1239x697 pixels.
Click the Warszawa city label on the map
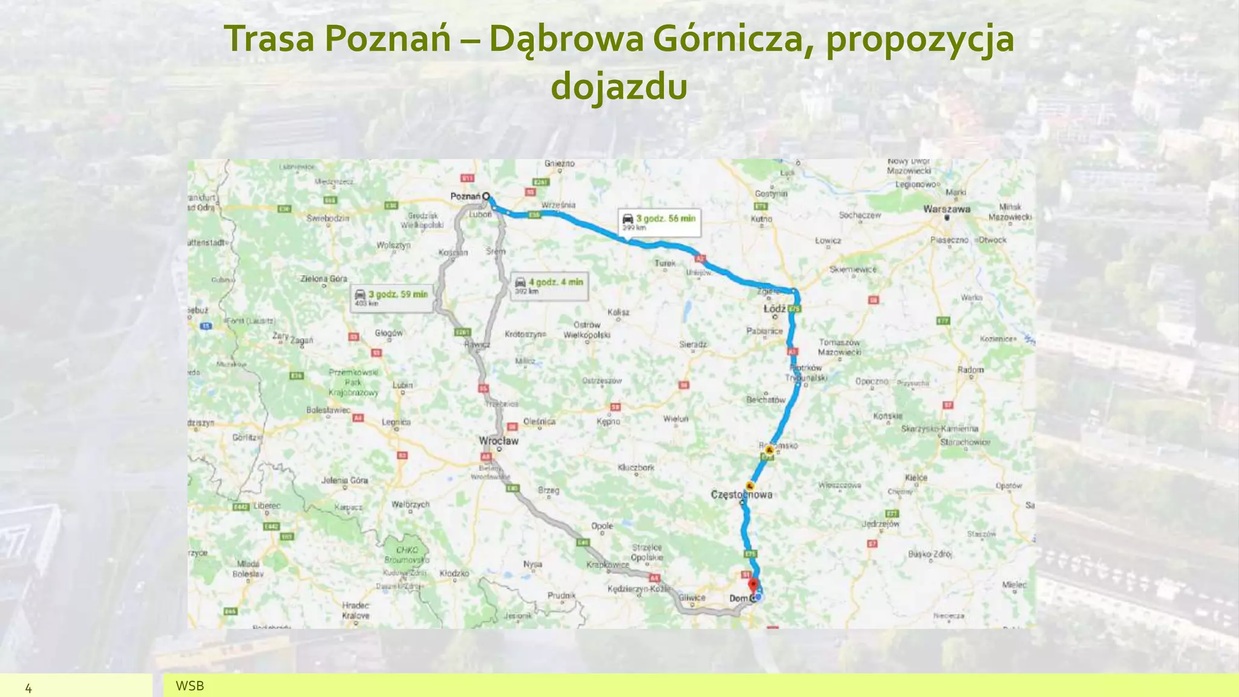click(x=946, y=209)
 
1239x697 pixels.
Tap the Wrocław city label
click(x=499, y=440)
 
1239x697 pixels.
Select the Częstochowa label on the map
click(x=741, y=494)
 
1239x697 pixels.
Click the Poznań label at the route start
click(x=465, y=196)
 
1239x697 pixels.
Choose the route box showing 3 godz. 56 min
click(x=659, y=222)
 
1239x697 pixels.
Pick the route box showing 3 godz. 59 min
click(x=392, y=298)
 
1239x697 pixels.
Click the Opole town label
click(x=602, y=526)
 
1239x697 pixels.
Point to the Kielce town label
click(x=916, y=477)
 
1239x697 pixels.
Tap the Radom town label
click(x=970, y=369)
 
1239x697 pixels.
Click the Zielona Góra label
click(x=324, y=279)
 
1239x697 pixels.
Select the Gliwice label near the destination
click(x=691, y=597)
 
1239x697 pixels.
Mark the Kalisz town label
click(x=618, y=312)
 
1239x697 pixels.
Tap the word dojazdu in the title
click(x=619, y=86)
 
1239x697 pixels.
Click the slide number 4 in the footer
click(x=28, y=687)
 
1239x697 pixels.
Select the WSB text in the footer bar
click(x=189, y=686)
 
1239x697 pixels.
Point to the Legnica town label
click(x=396, y=422)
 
